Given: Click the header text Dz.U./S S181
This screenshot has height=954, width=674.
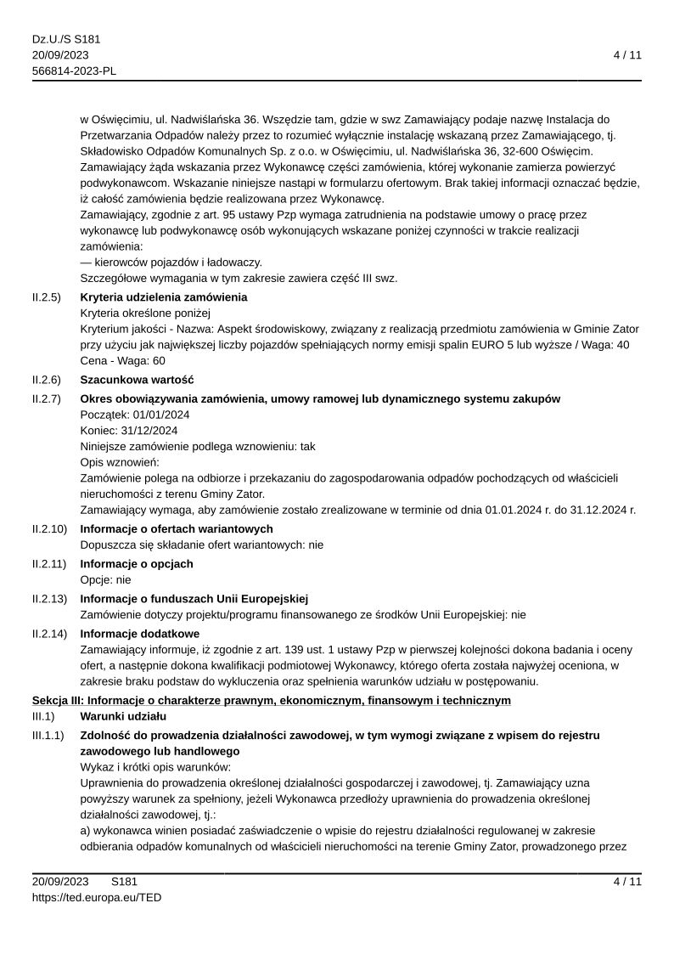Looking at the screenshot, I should (x=66, y=39).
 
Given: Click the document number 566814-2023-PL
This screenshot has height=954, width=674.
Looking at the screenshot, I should (x=74, y=71).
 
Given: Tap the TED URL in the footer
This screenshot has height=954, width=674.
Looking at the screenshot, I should (x=97, y=897).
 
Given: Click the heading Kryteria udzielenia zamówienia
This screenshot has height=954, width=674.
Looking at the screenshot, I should (x=164, y=297).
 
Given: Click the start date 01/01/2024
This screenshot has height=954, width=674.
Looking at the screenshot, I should (x=160, y=415).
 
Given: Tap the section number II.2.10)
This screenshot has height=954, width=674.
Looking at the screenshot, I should (x=50, y=529).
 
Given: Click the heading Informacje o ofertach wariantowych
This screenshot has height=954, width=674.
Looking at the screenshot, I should (x=177, y=529).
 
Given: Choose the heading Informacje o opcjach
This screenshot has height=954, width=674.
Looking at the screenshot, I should (x=137, y=564).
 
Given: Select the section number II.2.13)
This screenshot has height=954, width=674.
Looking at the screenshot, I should (x=50, y=599).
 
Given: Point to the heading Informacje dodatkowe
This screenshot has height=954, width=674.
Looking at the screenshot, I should (x=139, y=634).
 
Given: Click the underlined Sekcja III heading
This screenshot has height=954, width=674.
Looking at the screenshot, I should (x=272, y=700).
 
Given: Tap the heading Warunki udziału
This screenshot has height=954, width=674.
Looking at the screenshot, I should (x=123, y=717).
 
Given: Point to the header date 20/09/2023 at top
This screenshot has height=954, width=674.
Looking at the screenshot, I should (x=60, y=55).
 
